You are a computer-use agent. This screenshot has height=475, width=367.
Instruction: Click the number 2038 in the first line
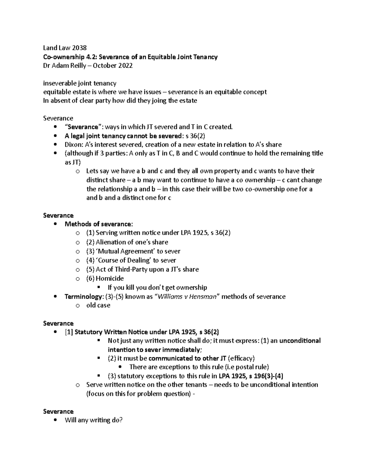click(x=79, y=48)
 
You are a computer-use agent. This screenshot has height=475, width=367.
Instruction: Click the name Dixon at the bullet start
click(x=72, y=144)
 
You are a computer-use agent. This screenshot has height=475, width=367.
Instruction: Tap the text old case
click(x=98, y=305)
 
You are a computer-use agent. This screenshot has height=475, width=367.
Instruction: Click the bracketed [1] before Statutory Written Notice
click(x=69, y=332)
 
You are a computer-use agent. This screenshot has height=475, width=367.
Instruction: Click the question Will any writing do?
click(x=94, y=420)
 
